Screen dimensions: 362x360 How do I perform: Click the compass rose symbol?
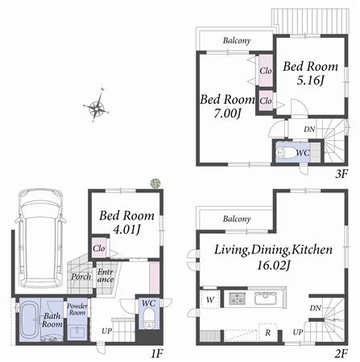pyautogui.click(x=97, y=108)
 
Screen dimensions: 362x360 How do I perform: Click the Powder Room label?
pyautogui.click(x=77, y=310)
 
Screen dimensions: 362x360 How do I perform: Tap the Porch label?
pyautogui.click(x=81, y=278)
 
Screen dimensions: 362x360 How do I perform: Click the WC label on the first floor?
pyautogui.click(x=148, y=303)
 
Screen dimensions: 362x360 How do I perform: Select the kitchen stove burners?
pyautogui.click(x=237, y=298)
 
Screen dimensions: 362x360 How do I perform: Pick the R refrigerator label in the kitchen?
pyautogui.click(x=267, y=331)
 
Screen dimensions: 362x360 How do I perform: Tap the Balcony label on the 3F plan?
pyautogui.click(x=237, y=41)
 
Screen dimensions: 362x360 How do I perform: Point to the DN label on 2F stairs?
pyautogui.click(x=316, y=308)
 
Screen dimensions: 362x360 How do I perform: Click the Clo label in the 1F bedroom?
pyautogui.click(x=99, y=249)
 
